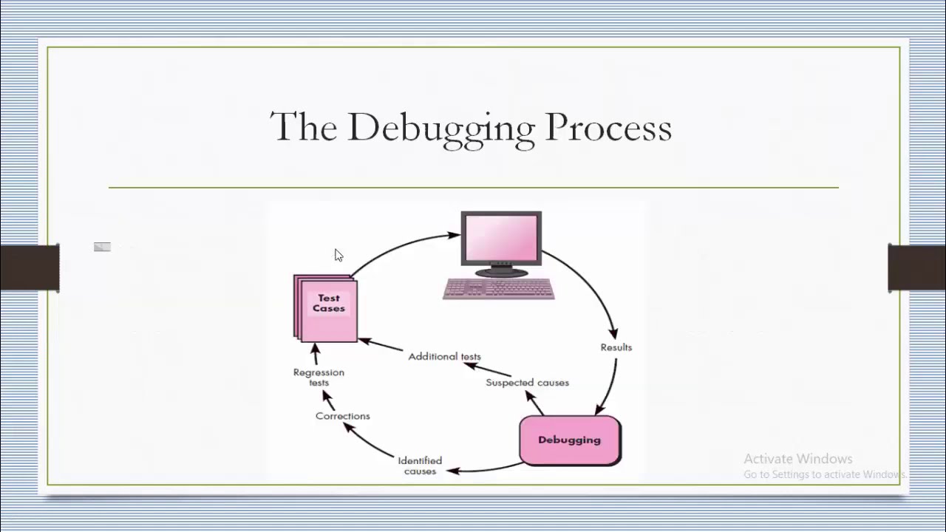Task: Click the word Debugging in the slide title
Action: (440, 128)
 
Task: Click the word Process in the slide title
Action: (608, 127)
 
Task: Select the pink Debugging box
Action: (570, 440)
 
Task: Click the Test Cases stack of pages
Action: (327, 308)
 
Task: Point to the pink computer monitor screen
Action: (501, 239)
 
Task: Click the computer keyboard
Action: (499, 288)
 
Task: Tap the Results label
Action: (616, 347)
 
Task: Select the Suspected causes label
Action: (527, 383)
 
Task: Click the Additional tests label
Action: (444, 356)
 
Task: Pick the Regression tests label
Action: (319, 377)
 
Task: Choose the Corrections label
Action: (342, 416)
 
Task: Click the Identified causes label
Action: (420, 465)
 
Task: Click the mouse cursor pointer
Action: (338, 255)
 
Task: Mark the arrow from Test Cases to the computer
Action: (399, 248)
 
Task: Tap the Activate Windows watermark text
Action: (797, 459)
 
